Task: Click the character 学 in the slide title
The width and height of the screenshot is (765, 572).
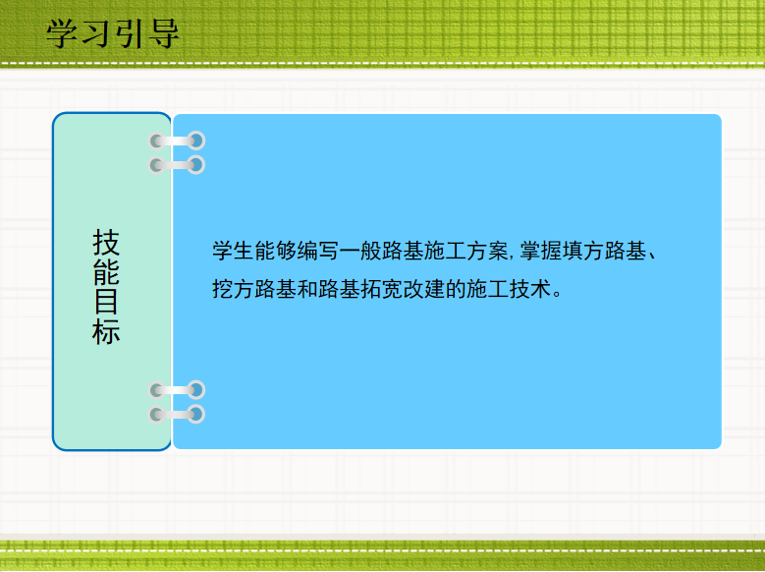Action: pyautogui.click(x=62, y=33)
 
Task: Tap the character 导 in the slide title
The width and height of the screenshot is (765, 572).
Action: pyautogui.click(x=164, y=33)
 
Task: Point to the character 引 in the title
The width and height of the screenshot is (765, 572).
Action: pyautogui.click(x=131, y=33)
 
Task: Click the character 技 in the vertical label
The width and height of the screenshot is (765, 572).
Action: pyautogui.click(x=106, y=243)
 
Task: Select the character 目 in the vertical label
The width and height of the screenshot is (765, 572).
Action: pyautogui.click(x=106, y=302)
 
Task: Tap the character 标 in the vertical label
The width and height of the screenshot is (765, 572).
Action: pyautogui.click(x=106, y=331)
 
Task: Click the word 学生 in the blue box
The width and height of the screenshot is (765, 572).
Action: pyautogui.click(x=233, y=251)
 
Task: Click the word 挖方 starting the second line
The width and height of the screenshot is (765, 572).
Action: pyautogui.click(x=233, y=289)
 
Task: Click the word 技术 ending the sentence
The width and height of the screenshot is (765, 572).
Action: pyautogui.click(x=530, y=289)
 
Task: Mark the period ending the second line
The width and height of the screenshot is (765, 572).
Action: pyautogui.click(x=558, y=294)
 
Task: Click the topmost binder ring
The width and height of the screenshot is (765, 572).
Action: pyautogui.click(x=177, y=142)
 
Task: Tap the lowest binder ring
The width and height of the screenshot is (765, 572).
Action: pyautogui.click(x=177, y=414)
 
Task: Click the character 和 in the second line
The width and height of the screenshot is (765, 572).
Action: pyautogui.click(x=307, y=289)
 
